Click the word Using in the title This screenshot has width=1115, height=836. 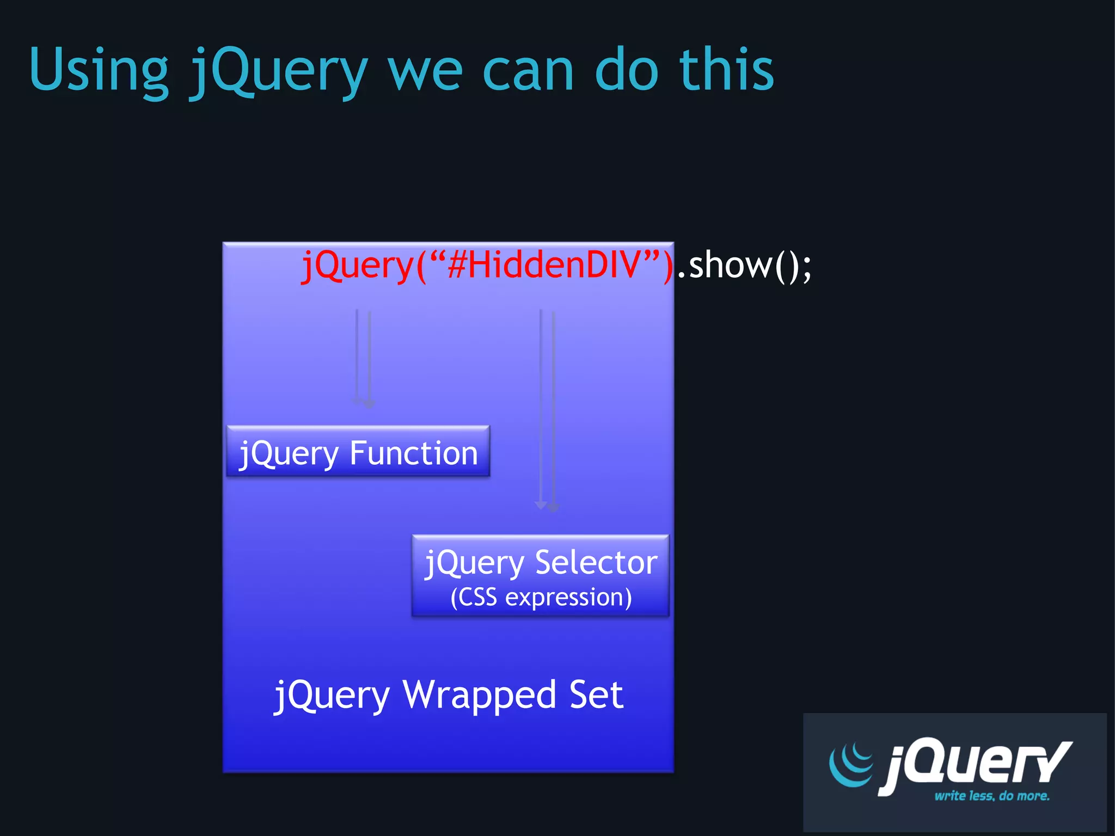(x=99, y=71)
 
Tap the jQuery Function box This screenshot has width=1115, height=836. (x=358, y=452)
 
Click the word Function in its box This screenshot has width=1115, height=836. (x=414, y=453)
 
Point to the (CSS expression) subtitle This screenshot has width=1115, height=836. (x=541, y=598)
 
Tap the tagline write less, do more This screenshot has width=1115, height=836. (x=992, y=796)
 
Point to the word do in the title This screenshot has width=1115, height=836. (x=627, y=70)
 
